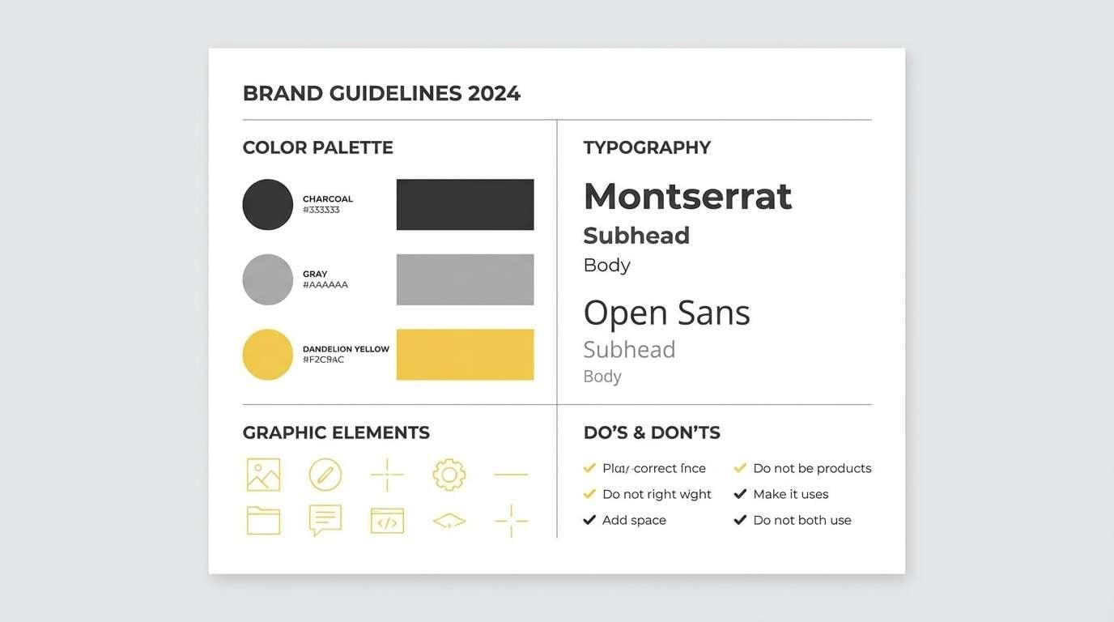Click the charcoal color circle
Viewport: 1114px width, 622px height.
(x=267, y=204)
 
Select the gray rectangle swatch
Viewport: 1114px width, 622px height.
(x=465, y=279)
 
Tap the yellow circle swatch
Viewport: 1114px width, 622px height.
(x=267, y=355)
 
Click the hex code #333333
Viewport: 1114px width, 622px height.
(x=321, y=210)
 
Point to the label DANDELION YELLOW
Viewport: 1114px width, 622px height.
(x=346, y=349)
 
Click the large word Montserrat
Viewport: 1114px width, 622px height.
(x=687, y=196)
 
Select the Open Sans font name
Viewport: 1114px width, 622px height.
(x=666, y=313)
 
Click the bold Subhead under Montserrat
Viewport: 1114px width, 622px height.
(x=636, y=236)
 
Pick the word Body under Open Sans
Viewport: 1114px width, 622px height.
(x=602, y=377)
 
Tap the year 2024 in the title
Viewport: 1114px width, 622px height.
(x=494, y=93)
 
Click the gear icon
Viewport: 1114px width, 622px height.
(x=449, y=475)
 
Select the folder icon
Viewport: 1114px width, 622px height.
(x=263, y=520)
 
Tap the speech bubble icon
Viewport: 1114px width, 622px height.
(x=325, y=520)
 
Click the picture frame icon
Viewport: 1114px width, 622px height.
(x=263, y=475)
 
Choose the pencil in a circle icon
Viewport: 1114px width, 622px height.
(x=325, y=475)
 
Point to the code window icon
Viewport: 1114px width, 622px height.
(x=387, y=520)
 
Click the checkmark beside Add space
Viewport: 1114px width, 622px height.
(x=589, y=520)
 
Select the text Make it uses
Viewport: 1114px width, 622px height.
(x=790, y=494)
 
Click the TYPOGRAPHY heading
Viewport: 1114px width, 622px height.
(x=647, y=147)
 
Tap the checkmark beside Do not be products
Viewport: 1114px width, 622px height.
(x=740, y=468)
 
